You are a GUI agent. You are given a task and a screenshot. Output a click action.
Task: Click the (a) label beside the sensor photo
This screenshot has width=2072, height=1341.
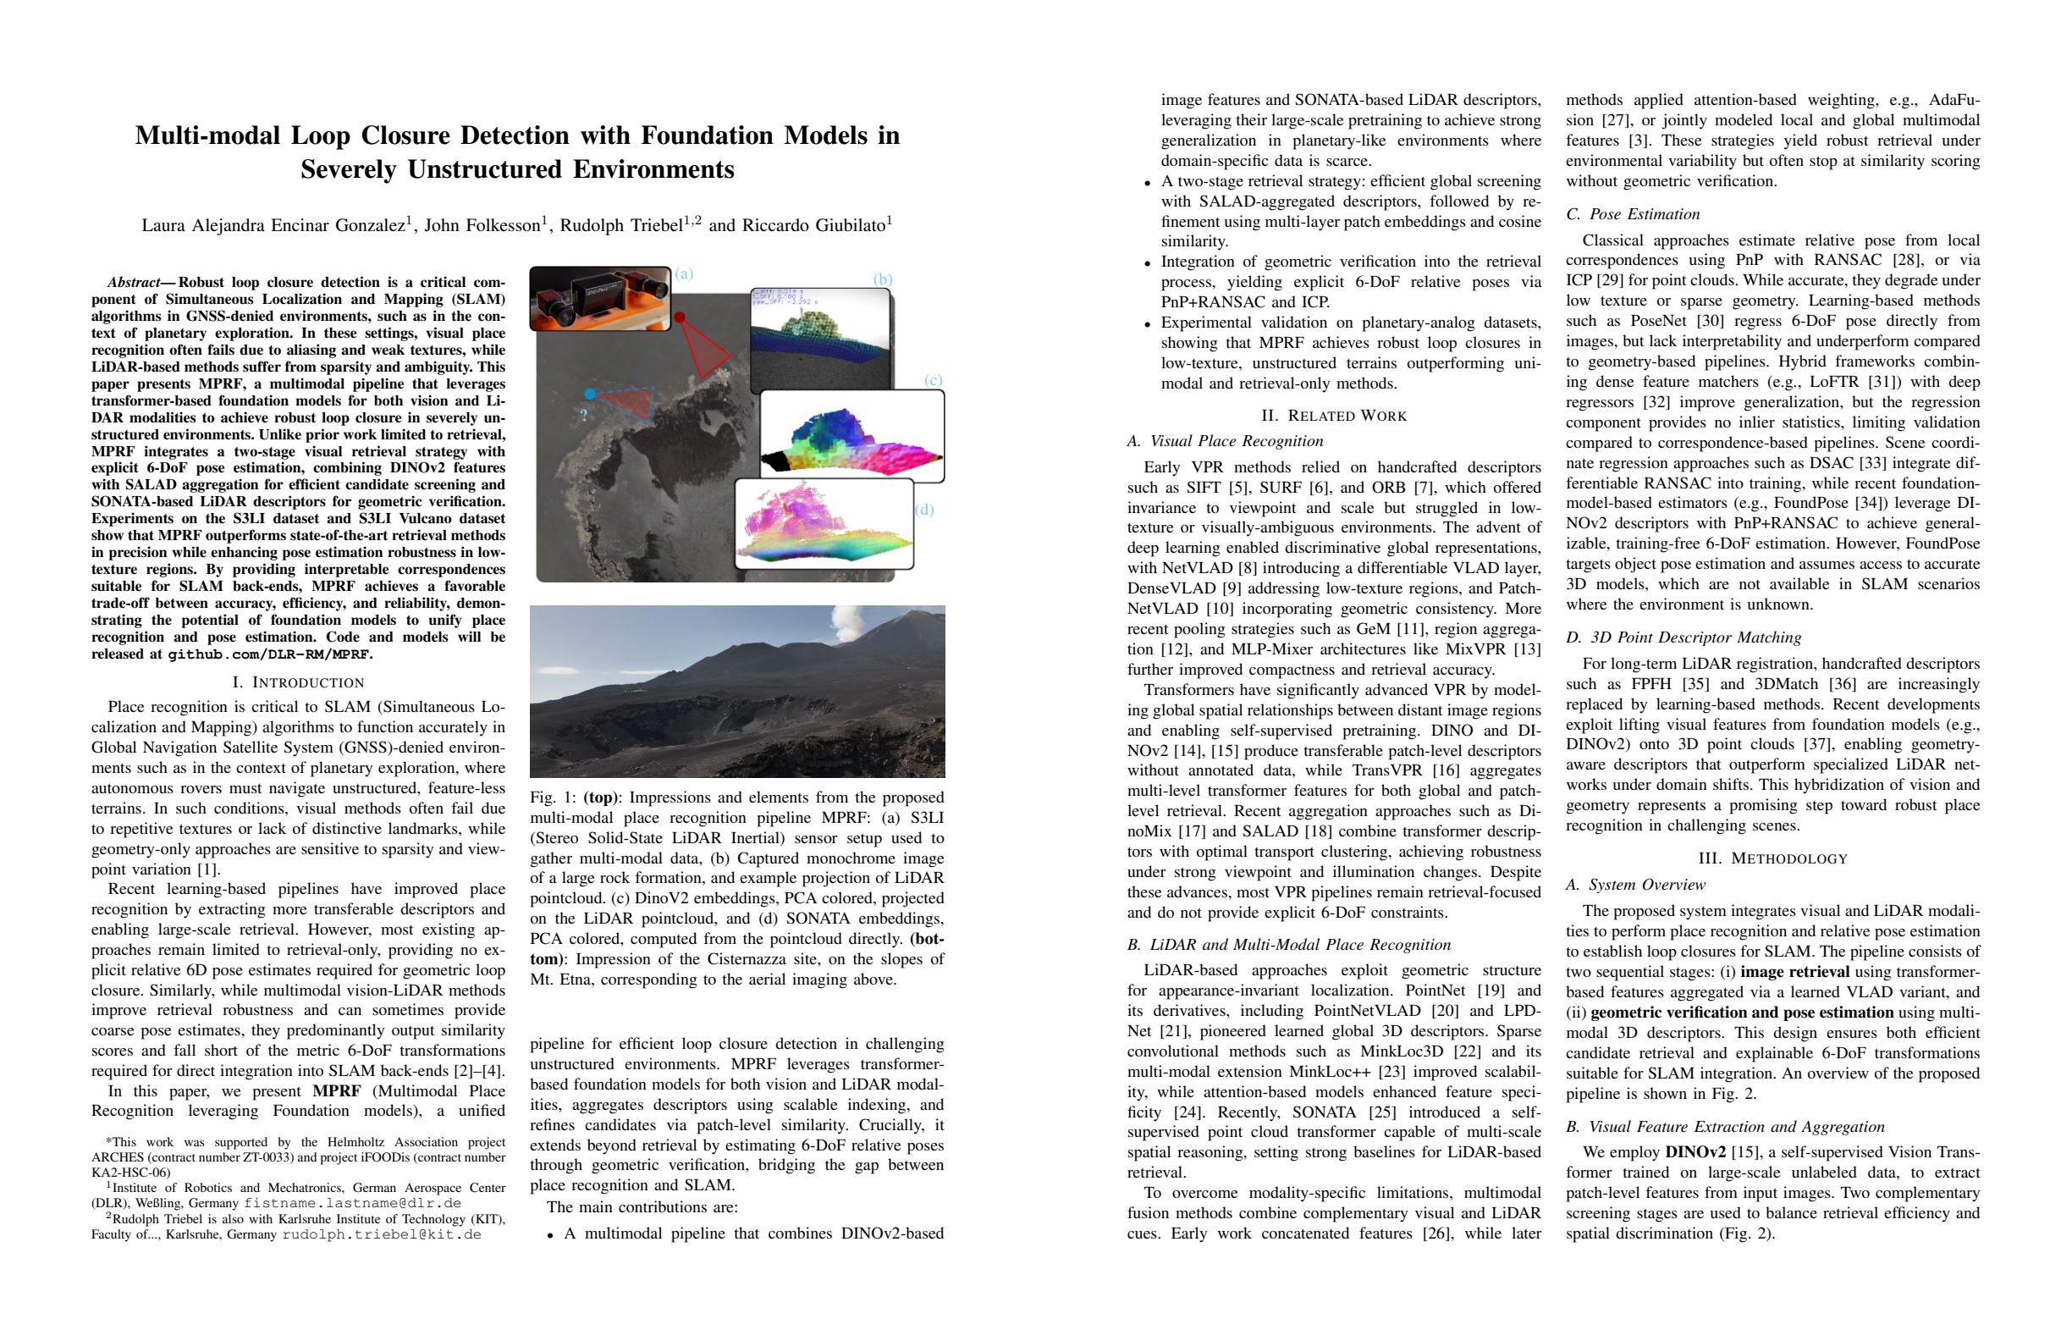[684, 274]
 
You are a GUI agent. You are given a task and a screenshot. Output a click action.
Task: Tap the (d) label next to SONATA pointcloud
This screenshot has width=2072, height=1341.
[924, 510]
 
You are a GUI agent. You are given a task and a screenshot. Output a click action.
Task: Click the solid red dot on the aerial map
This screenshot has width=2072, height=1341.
[680, 317]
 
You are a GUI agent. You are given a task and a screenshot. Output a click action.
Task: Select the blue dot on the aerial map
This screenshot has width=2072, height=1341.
[589, 395]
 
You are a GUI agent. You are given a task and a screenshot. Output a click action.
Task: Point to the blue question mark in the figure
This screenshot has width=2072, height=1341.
[584, 417]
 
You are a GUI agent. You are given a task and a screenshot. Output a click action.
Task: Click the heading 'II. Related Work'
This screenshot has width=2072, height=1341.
[1334, 416]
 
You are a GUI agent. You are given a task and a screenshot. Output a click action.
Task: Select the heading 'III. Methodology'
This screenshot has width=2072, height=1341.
[1772, 858]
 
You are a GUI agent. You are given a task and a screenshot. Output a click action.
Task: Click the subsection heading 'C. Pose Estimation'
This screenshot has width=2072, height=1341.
[1633, 214]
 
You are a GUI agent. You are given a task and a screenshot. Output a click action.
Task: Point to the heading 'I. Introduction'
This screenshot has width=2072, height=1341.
[298, 682]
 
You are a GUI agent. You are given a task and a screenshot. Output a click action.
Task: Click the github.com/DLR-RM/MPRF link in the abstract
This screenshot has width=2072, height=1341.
[269, 654]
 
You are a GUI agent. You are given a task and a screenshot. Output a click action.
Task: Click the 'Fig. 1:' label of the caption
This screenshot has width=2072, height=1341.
[554, 797]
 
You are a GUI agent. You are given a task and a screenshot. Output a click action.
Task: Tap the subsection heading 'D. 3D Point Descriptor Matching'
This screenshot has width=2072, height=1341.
[1683, 637]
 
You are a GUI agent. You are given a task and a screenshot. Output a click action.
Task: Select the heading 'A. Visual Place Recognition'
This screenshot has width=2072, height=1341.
[1225, 441]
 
